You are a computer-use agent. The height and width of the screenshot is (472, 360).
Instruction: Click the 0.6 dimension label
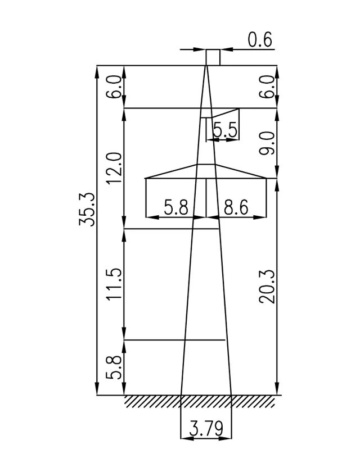click(260, 40)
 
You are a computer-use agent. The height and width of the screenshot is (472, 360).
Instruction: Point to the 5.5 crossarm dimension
click(226, 130)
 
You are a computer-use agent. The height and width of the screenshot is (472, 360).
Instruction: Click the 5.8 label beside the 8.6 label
click(175, 207)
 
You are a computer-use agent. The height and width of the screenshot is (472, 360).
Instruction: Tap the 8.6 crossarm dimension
click(236, 207)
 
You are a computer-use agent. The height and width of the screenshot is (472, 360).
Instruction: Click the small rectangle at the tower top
click(213, 57)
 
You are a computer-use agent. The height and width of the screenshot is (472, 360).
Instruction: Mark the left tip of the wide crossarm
click(146, 179)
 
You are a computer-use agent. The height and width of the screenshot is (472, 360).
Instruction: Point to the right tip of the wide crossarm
click(265, 179)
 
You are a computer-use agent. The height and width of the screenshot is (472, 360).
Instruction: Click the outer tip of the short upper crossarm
click(239, 108)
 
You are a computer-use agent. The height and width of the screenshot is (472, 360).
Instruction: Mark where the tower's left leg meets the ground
click(180, 395)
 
